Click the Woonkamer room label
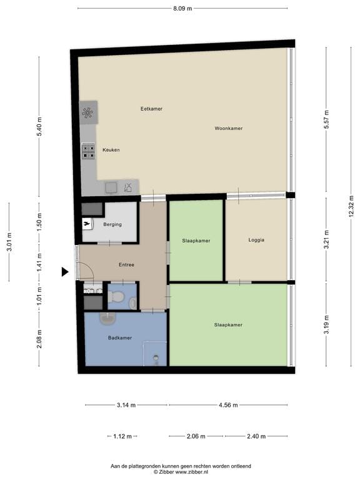click(x=228, y=128)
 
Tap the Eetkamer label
click(x=151, y=109)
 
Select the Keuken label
click(x=111, y=150)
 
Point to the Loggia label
click(x=256, y=240)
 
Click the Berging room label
click(x=112, y=224)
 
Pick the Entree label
click(x=126, y=264)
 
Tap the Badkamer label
click(x=120, y=337)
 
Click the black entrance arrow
click(x=65, y=271)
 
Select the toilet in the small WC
click(x=116, y=296)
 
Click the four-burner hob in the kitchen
click(x=89, y=151)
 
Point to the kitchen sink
click(x=111, y=187)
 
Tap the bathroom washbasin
click(x=107, y=318)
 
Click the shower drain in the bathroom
click(x=156, y=357)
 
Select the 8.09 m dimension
click(x=182, y=8)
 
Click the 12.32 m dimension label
click(x=351, y=207)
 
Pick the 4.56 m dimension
click(x=228, y=405)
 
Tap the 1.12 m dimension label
click(x=122, y=436)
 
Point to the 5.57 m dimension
click(x=326, y=119)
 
